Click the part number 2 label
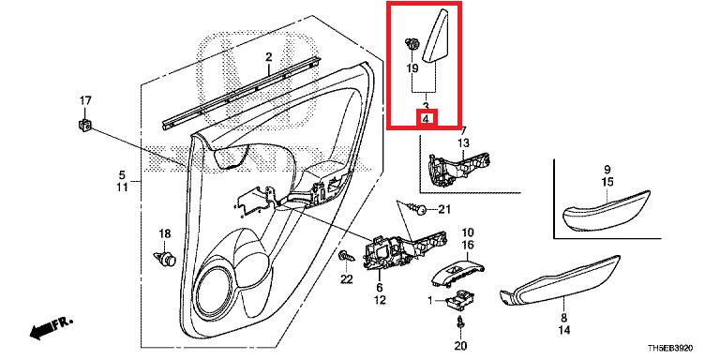pyautogui.click(x=269, y=57)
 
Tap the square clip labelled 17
pyautogui.click(x=84, y=124)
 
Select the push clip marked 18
pyautogui.click(x=165, y=258)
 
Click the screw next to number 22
pyautogui.click(x=345, y=256)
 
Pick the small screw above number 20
pyautogui.click(x=459, y=322)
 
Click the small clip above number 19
pyautogui.click(x=412, y=45)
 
